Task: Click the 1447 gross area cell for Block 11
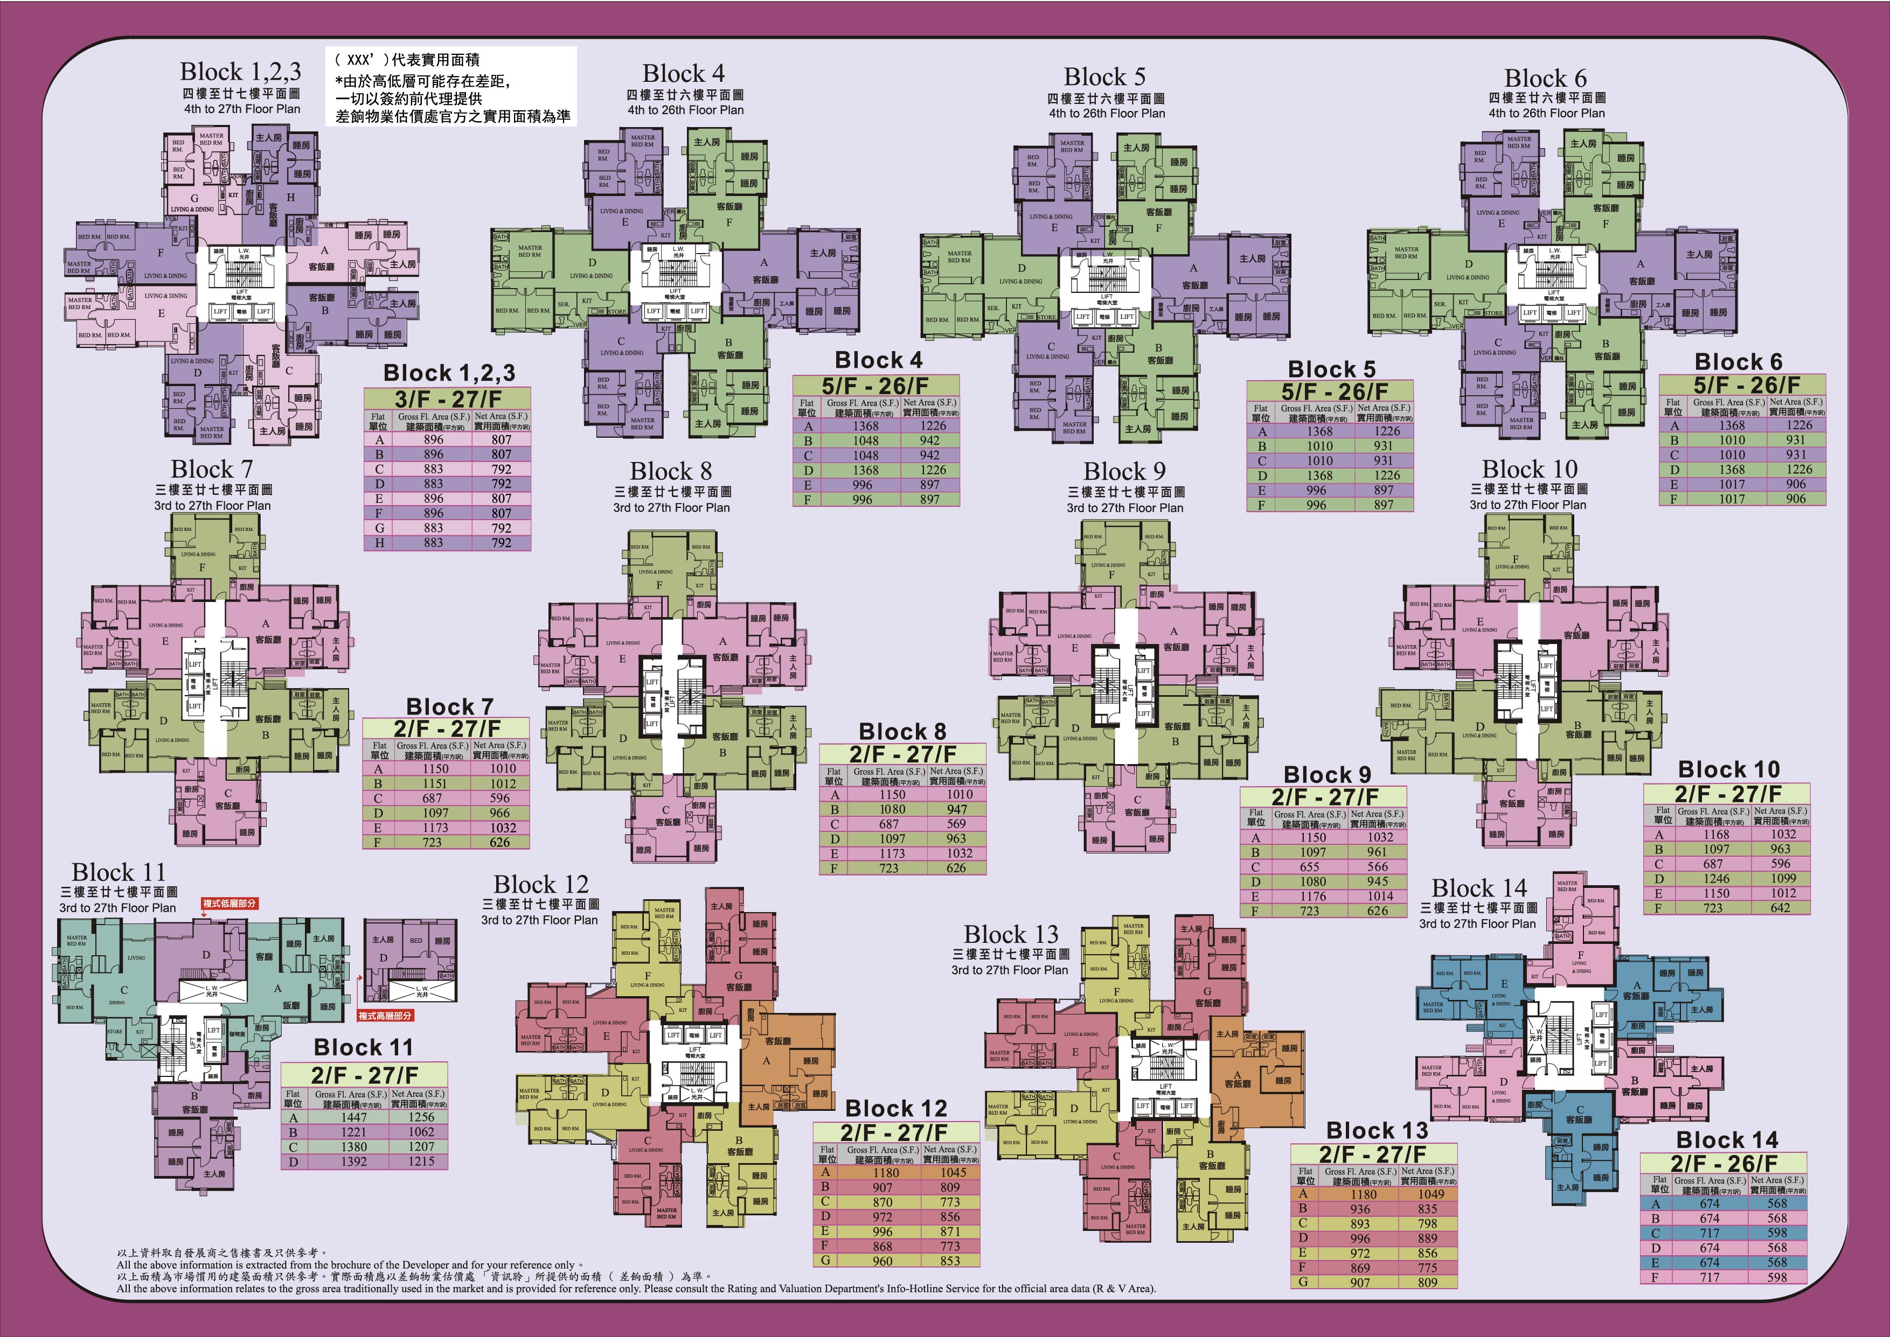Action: pyautogui.click(x=354, y=1117)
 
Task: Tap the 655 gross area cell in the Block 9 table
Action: pyautogui.click(x=1309, y=867)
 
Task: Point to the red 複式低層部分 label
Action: pyautogui.click(x=230, y=903)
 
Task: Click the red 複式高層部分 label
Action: pyautogui.click(x=385, y=1016)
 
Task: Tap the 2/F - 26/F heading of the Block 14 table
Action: pyautogui.click(x=1723, y=1163)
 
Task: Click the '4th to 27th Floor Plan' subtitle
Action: pyautogui.click(x=242, y=109)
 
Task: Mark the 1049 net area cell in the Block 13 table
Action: pyautogui.click(x=1430, y=1194)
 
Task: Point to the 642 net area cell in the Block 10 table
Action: pyautogui.click(x=1781, y=908)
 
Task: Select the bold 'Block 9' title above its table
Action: pyautogui.click(x=1328, y=775)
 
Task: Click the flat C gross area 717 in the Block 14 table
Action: pyautogui.click(x=1711, y=1233)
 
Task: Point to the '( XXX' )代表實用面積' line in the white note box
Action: pyautogui.click(x=408, y=59)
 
